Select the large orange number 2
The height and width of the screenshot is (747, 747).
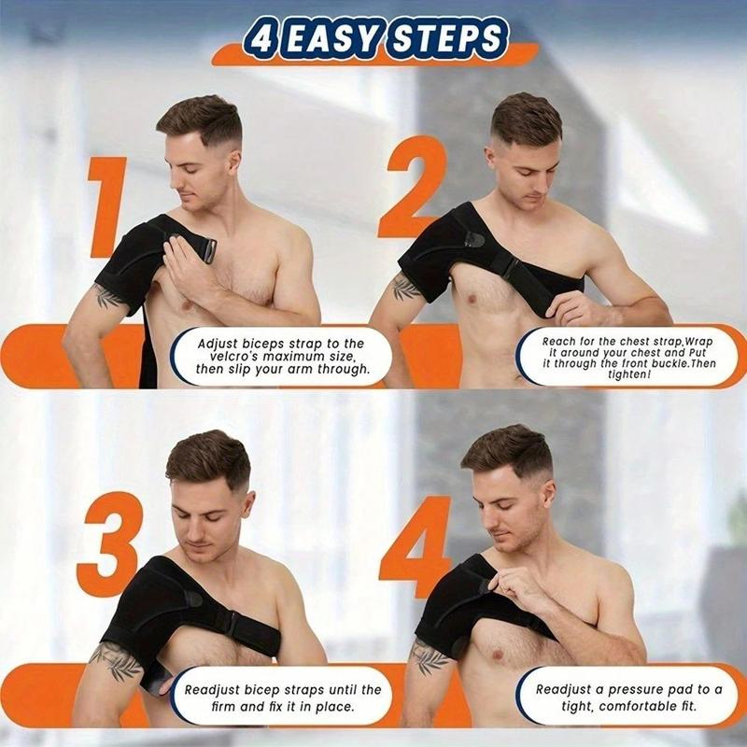click(x=412, y=187)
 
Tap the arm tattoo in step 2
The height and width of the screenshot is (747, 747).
click(x=406, y=287)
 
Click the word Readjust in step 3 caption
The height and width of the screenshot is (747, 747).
click(x=215, y=689)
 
